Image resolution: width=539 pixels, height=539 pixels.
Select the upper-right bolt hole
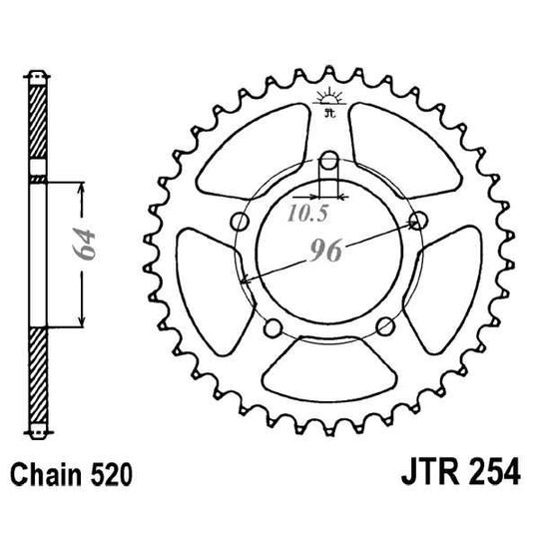tap(419, 221)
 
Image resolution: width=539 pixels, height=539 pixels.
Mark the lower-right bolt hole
tap(385, 325)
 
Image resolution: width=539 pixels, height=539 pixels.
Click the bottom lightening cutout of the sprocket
tap(329, 369)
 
